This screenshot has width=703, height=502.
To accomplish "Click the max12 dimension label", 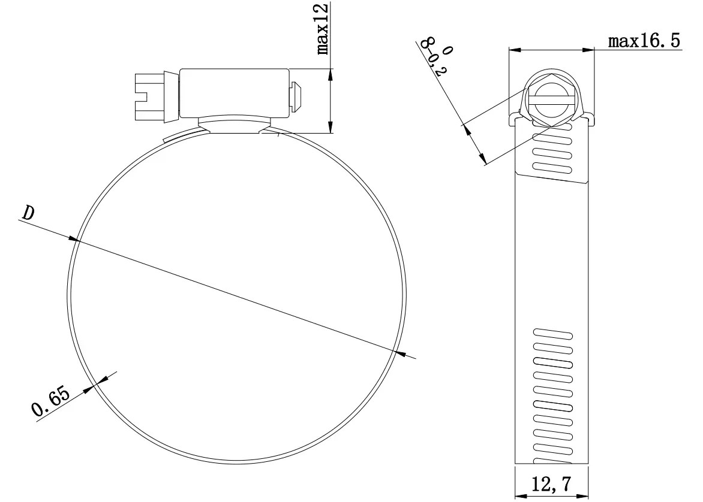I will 323,28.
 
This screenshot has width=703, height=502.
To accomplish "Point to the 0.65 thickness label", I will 51,402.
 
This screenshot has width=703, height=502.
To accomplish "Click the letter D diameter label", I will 27,212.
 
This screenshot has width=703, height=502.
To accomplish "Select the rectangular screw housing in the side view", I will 235,92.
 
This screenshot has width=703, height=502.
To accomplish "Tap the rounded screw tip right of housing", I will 297,96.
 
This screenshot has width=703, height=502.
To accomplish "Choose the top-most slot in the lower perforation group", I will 552,333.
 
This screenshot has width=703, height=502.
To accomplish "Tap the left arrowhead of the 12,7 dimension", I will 520,494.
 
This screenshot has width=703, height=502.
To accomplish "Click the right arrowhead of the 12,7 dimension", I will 583,494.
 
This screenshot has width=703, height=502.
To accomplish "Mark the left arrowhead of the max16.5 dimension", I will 514,50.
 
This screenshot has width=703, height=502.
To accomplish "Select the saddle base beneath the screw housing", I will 233,125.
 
